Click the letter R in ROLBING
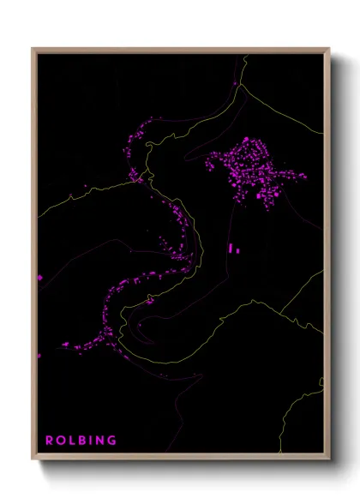[x=49, y=441]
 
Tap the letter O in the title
[x=60, y=441]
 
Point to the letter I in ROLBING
[x=90, y=441]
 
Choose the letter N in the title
[x=99, y=441]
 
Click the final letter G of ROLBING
[x=111, y=441]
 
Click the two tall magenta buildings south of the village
[x=233, y=249]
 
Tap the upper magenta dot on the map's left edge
[x=39, y=278]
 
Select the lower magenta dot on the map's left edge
[x=39, y=355]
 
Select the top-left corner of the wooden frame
[x=33, y=48]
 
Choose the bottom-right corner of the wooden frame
[x=330, y=461]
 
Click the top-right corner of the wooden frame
[x=330, y=48]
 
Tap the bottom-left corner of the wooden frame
[x=33, y=461]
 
